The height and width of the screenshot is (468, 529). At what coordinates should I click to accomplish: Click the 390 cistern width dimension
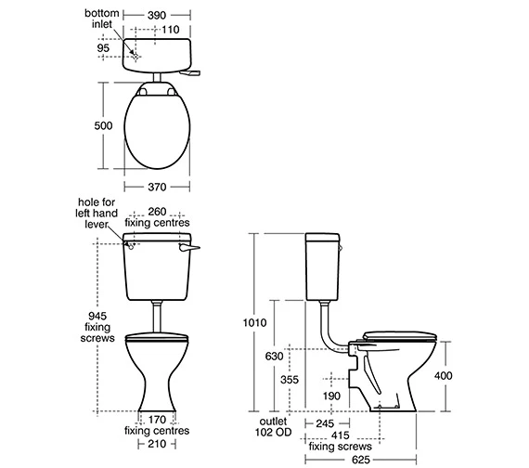pyautogui.click(x=157, y=15)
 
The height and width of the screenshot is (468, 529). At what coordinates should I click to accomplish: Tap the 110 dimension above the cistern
pyautogui.click(x=170, y=30)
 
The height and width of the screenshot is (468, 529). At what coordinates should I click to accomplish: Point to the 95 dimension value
pyautogui.click(x=103, y=48)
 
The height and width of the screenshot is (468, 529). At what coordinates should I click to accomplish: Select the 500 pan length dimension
pyautogui.click(x=103, y=125)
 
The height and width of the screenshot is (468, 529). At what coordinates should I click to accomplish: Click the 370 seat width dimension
pyautogui.click(x=157, y=187)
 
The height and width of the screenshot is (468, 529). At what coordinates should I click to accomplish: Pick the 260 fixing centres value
pyautogui.click(x=157, y=212)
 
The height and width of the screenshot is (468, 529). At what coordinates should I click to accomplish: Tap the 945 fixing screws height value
pyautogui.click(x=97, y=316)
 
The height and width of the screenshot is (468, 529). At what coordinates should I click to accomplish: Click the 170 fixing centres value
pyautogui.click(x=157, y=420)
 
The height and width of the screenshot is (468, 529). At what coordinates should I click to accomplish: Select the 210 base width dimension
pyautogui.click(x=157, y=444)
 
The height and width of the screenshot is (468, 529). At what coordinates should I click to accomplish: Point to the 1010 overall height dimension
pyautogui.click(x=254, y=323)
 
